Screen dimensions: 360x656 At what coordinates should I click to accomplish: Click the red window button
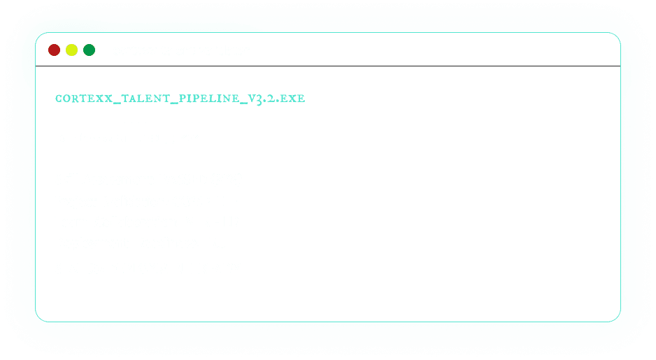pos(54,50)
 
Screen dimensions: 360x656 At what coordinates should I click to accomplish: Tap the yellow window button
pos(71,50)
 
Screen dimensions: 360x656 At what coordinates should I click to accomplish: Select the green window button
pos(89,50)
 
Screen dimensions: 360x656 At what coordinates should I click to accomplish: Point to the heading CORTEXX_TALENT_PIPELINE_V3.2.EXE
pos(180,99)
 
